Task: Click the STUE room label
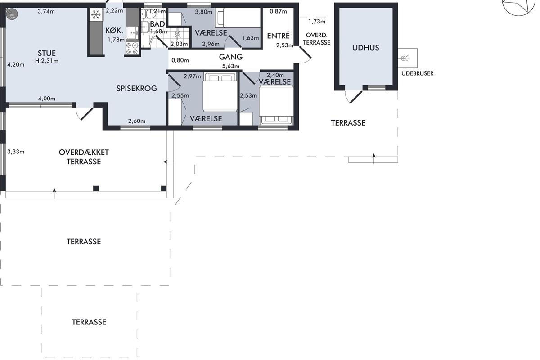pos(47,53)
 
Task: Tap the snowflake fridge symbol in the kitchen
pos(96,15)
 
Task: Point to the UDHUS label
pos(366,48)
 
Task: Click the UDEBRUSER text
pos(418,73)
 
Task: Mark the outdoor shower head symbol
pos(404,58)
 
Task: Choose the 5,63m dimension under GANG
pos(231,66)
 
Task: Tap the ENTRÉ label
pos(278,36)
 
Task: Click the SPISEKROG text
pos(137,89)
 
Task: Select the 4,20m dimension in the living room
pos(16,65)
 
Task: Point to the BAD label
pos(157,24)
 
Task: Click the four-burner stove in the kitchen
pos(132,48)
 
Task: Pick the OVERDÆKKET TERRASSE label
pos(84,157)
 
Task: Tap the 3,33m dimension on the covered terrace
pos(16,152)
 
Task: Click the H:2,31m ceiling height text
pos(47,61)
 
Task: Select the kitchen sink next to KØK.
pos(132,33)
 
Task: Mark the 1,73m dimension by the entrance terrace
pos(317,22)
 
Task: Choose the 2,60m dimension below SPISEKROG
pos(137,121)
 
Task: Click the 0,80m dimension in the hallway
pos(180,60)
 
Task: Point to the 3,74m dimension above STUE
pos(46,11)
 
